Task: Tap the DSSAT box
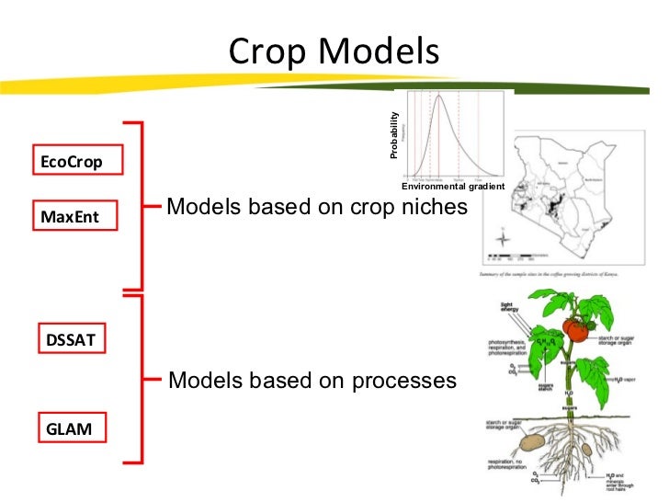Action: [x=71, y=340]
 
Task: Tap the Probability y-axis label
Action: [x=394, y=135]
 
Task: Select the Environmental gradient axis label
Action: [x=453, y=187]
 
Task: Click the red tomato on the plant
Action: [x=576, y=329]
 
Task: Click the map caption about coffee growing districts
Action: [x=549, y=273]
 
